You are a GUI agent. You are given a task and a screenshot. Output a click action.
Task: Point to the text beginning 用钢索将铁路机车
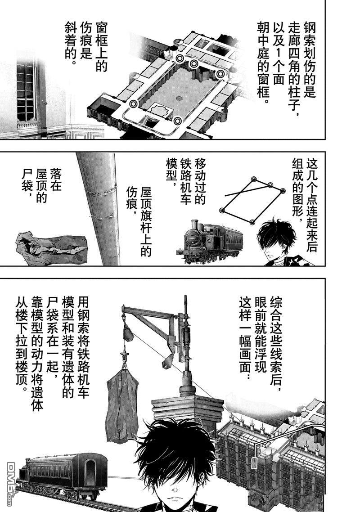(52, 353)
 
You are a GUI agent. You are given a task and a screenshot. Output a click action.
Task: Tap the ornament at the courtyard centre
(179, 98)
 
